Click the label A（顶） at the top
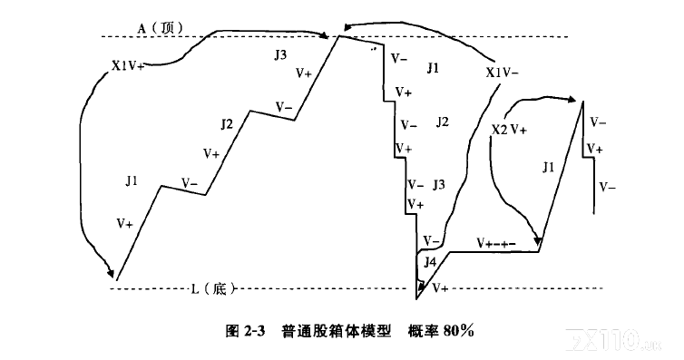[x=161, y=28]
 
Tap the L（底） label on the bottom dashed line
[x=213, y=288]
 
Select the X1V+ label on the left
[x=128, y=66]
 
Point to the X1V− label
[x=502, y=73]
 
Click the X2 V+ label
[x=509, y=130]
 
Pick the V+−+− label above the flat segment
[x=496, y=243]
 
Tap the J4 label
[x=430, y=262]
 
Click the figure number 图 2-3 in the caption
[x=245, y=331]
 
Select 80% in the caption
[x=458, y=331]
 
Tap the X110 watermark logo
[x=612, y=339]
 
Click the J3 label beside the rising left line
[x=280, y=55]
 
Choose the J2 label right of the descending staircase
[x=443, y=122]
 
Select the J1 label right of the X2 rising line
[x=548, y=167]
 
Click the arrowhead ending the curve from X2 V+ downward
[x=539, y=241]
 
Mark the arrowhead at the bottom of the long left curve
[x=111, y=272]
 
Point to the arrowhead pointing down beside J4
[x=421, y=286]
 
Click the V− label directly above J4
[x=432, y=240]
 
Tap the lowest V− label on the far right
[x=607, y=188]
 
